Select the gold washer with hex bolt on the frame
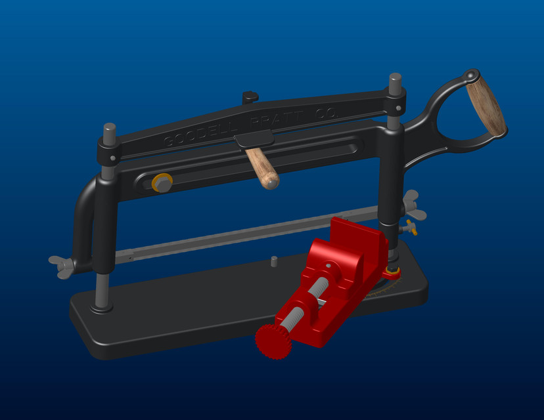pos(162,183)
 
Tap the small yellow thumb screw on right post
pos(410,228)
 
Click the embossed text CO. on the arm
pos(326,113)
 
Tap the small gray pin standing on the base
pos(274,261)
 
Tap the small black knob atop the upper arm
pos(250,96)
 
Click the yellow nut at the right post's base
pos(393,270)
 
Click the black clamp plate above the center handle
pos(254,138)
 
